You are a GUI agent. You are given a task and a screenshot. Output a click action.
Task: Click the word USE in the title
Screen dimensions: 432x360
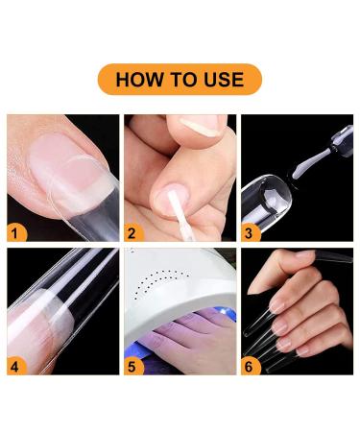pyautogui.click(x=221, y=79)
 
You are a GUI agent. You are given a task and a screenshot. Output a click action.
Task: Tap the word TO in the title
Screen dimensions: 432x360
pyautogui.click(x=180, y=79)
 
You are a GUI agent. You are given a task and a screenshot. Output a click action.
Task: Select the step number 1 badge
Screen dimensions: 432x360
pyautogui.click(x=16, y=231)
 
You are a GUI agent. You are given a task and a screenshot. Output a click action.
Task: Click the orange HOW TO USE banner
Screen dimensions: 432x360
pyautogui.click(x=180, y=79)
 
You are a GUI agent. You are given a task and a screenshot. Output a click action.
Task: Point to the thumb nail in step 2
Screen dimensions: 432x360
pyautogui.click(x=204, y=124)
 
